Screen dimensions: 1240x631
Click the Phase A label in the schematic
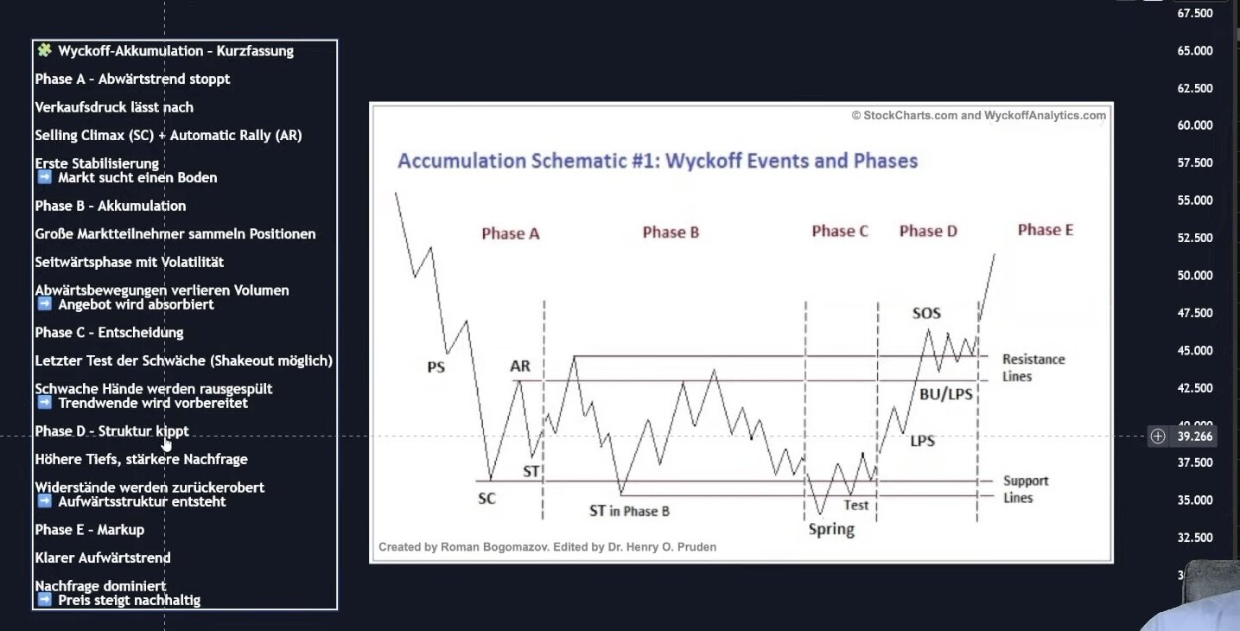pyautogui.click(x=511, y=233)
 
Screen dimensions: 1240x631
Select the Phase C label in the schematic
pyautogui.click(x=840, y=231)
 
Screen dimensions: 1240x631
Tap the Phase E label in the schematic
pyautogui.click(x=1046, y=230)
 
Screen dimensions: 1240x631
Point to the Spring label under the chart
pyautogui.click(x=831, y=529)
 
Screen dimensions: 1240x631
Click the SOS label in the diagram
pyautogui.click(x=926, y=313)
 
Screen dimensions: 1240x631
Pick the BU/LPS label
pyautogui.click(x=945, y=394)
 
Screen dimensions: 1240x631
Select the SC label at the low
pyautogui.click(x=486, y=499)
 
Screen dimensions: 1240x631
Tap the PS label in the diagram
pyautogui.click(x=436, y=367)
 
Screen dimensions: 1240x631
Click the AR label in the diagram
pyautogui.click(x=520, y=366)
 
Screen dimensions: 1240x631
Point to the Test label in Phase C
pyautogui.click(x=855, y=505)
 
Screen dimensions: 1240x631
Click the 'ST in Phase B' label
pyautogui.click(x=629, y=511)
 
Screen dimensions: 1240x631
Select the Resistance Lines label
pyautogui.click(x=1033, y=368)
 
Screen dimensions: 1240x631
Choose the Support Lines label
pyautogui.click(x=1025, y=489)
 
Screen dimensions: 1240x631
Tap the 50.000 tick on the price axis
pyautogui.click(x=1194, y=276)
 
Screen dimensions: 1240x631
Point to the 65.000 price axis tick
pyautogui.click(x=1194, y=51)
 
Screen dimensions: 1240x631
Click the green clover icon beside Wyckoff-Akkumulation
pyautogui.click(x=44, y=50)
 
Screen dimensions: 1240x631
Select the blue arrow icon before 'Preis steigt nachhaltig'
pyautogui.click(x=44, y=600)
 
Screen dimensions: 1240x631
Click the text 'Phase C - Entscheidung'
pyautogui.click(x=109, y=333)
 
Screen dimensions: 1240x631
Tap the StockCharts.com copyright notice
pyautogui.click(x=978, y=116)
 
